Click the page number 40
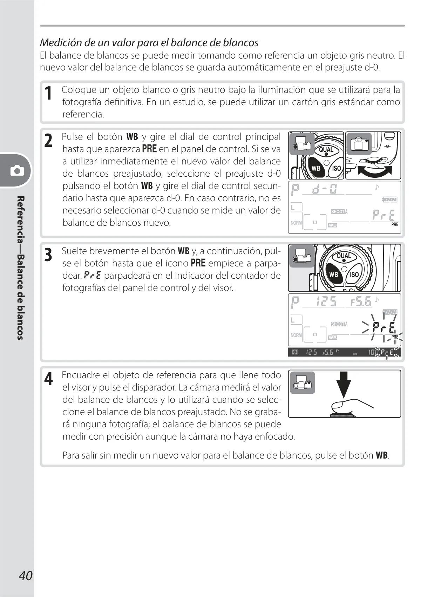[26, 575]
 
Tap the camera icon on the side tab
[17, 170]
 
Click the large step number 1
[48, 94]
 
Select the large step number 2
[48, 141]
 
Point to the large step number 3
[48, 255]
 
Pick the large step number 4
[48, 379]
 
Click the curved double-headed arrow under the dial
[375, 171]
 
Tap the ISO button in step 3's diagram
[354, 274]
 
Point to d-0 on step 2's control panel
[325, 189]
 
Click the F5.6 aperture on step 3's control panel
[361, 302]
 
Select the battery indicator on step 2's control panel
[390, 199]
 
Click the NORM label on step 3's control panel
[296, 335]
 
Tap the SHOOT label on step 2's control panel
[338, 212]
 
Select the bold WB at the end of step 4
[382, 455]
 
